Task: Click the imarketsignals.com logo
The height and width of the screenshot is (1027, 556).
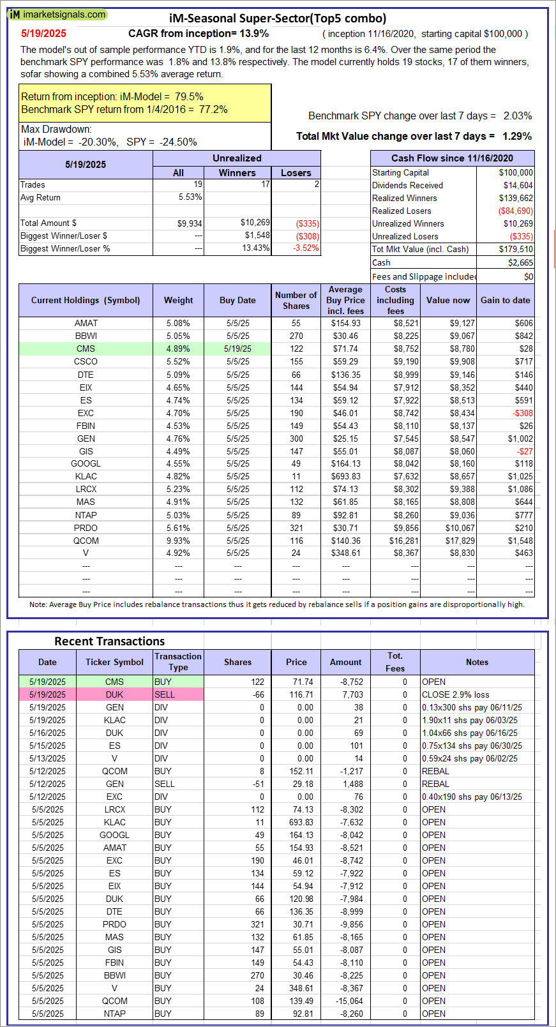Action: [x=57, y=14]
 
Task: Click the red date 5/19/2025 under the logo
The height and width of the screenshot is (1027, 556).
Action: [x=43, y=34]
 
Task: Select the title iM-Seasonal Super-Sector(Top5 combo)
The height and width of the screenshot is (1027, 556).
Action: [x=278, y=18]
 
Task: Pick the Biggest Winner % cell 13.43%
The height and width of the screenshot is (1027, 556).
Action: [x=256, y=248]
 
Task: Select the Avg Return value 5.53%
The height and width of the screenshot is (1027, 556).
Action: [x=190, y=197]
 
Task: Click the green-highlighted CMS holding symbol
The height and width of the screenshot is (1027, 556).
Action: [x=86, y=349]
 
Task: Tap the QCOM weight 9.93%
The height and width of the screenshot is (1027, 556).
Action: [x=178, y=541]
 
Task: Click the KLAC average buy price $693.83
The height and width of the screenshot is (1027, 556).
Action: [x=345, y=476]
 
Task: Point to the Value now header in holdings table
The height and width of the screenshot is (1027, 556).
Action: [x=447, y=300]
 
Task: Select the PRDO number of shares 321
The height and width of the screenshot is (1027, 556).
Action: [x=296, y=528]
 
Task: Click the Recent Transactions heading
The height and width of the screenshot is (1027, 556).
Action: [x=109, y=641]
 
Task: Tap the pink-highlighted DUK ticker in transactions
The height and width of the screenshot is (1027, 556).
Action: [x=115, y=694]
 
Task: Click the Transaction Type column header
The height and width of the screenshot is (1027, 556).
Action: [x=178, y=662]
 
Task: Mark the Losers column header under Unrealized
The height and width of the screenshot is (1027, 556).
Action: [x=296, y=173]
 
